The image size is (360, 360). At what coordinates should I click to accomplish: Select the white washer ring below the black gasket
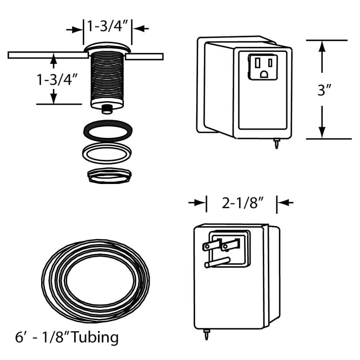[107, 153]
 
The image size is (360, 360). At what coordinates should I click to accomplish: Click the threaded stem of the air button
[107, 77]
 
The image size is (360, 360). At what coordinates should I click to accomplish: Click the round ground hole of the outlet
[264, 74]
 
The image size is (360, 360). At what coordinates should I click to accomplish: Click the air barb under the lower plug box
[206, 336]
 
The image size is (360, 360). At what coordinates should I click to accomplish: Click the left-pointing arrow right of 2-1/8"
[285, 203]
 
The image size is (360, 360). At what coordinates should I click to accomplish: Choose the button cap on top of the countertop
[107, 47]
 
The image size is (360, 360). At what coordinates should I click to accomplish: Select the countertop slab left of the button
[47, 55]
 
